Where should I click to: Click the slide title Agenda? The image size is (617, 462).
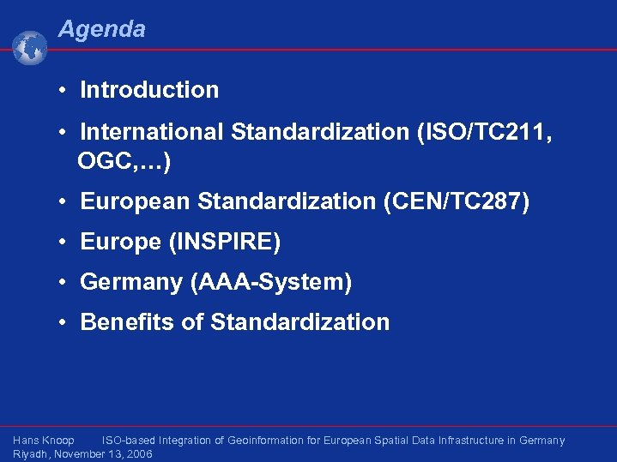101,29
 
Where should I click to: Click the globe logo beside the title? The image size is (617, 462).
30,48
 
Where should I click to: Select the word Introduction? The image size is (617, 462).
149,90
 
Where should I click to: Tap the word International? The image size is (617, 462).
152,132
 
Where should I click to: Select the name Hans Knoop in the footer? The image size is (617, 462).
44,441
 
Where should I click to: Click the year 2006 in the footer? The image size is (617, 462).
138,454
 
